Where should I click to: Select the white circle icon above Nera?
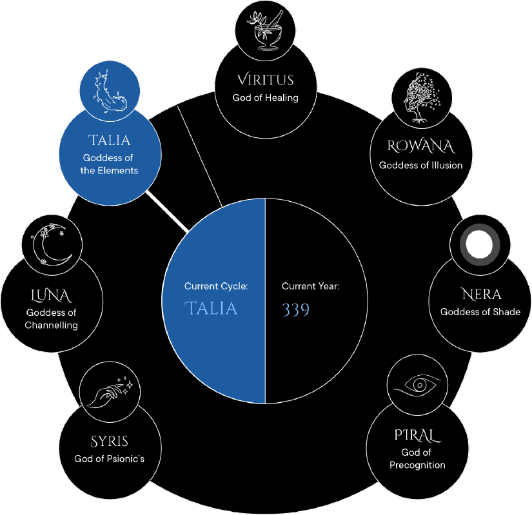[x=480, y=246]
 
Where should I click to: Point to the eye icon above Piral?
[x=417, y=385]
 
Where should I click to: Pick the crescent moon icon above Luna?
[x=51, y=244]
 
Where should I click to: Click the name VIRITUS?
[x=265, y=80]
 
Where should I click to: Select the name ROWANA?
[x=420, y=146]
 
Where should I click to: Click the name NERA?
[x=481, y=295]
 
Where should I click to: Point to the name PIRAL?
[x=417, y=435]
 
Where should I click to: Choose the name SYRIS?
[x=109, y=442]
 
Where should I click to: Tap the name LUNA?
[x=51, y=296]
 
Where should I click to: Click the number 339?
[x=295, y=310]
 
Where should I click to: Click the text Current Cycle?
[x=216, y=286]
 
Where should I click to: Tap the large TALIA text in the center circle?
[x=211, y=309]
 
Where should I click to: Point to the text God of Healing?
[x=265, y=98]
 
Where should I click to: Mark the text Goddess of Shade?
[x=480, y=312]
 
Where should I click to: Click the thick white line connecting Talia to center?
[x=166, y=211]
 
